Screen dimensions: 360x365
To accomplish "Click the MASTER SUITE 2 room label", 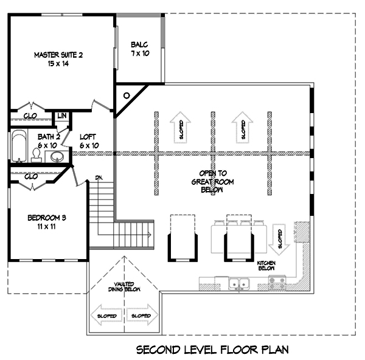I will (x=58, y=59).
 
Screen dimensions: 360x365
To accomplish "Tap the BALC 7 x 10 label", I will (x=139, y=49).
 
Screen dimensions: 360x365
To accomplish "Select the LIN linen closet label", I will (x=62, y=116).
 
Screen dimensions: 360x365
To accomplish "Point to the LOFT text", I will (x=89, y=137).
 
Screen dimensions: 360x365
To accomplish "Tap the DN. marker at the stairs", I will (x=100, y=178).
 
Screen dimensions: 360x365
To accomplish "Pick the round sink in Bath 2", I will (x=57, y=156).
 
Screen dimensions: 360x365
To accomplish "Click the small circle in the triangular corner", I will (x=127, y=95).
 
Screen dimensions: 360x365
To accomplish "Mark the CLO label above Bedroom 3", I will (x=32, y=176).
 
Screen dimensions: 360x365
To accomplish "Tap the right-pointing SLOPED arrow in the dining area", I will (x=142, y=316).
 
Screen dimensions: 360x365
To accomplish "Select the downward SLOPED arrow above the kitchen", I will (x=279, y=237).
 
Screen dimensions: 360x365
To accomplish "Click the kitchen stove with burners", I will (x=277, y=282).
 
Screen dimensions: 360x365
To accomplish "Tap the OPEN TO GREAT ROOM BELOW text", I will (x=212, y=181).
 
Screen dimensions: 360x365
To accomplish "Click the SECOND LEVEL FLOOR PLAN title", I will (x=212, y=350).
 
